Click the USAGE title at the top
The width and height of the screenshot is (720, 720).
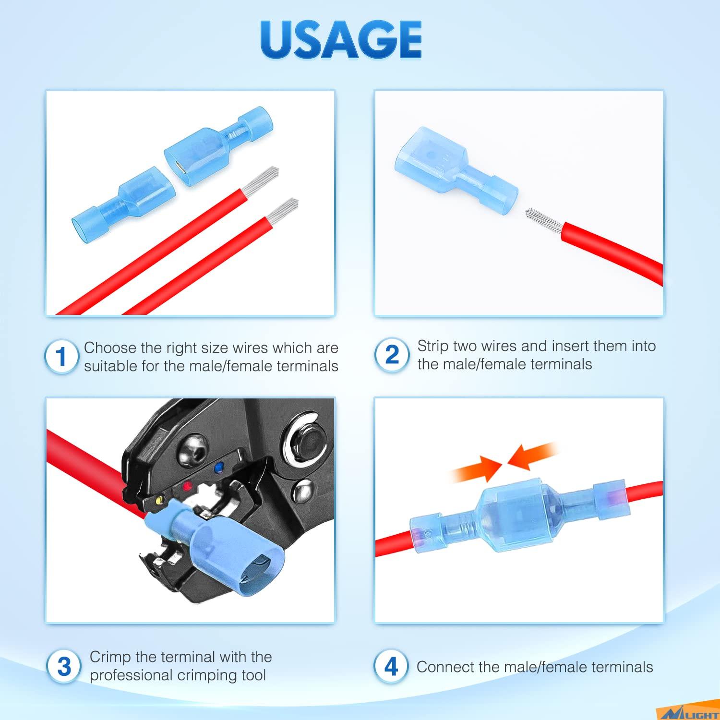(x=341, y=39)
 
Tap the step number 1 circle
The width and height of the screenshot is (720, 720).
(x=61, y=357)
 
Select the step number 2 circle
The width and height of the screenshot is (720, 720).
(x=392, y=355)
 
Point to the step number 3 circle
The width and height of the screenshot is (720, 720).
(x=64, y=666)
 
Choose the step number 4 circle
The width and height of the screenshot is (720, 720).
(x=391, y=666)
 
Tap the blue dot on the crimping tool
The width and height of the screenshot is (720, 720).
(x=219, y=466)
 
